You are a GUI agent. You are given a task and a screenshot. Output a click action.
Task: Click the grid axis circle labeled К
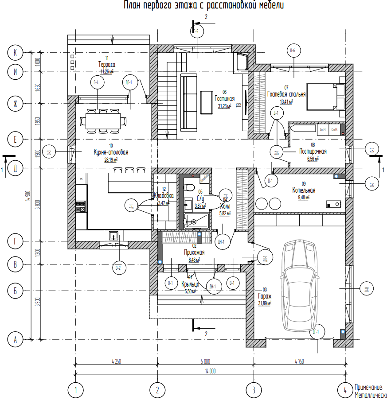tap(15, 53)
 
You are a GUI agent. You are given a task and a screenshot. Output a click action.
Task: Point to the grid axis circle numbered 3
tap(254, 390)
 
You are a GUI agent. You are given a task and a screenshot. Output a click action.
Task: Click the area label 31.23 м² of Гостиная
tap(225, 106)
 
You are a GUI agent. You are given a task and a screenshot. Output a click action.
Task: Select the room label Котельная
tap(304, 190)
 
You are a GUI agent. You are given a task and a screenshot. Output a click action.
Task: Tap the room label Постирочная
tap(313, 151)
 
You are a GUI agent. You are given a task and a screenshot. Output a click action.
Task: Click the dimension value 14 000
tap(210, 371)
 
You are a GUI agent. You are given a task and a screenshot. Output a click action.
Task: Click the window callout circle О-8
tap(366, 290)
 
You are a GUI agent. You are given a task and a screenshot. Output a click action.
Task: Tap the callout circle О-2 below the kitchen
tap(118, 267)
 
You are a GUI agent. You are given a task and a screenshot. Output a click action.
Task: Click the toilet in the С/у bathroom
tap(190, 185)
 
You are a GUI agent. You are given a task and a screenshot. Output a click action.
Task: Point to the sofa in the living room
tap(188, 103)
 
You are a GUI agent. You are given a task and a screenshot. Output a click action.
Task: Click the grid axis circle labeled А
tap(15, 340)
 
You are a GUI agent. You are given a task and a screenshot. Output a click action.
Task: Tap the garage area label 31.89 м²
tap(265, 303)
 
